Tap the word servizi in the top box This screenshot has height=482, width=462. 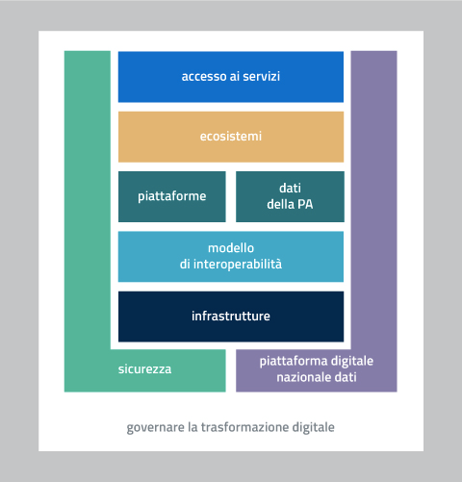pyautogui.click(x=261, y=76)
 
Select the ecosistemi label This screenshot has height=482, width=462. pyautogui.click(x=231, y=137)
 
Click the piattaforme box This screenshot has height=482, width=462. pyautogui.click(x=172, y=196)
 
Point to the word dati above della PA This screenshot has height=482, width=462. pyautogui.click(x=290, y=188)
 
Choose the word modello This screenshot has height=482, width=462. pyautogui.click(x=231, y=248)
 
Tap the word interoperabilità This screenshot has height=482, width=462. pyautogui.click(x=238, y=264)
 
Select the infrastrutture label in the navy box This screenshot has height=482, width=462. pyautogui.click(x=231, y=316)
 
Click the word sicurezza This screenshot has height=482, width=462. pyautogui.click(x=144, y=369)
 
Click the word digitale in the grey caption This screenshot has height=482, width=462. pyautogui.click(x=313, y=428)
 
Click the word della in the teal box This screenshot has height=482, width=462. pyautogui.click(x=280, y=204)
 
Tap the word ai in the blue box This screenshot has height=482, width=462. pyautogui.click(x=235, y=76)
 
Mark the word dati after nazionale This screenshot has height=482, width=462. pyautogui.click(x=346, y=377)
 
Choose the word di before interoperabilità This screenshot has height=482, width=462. pyautogui.click(x=185, y=264)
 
